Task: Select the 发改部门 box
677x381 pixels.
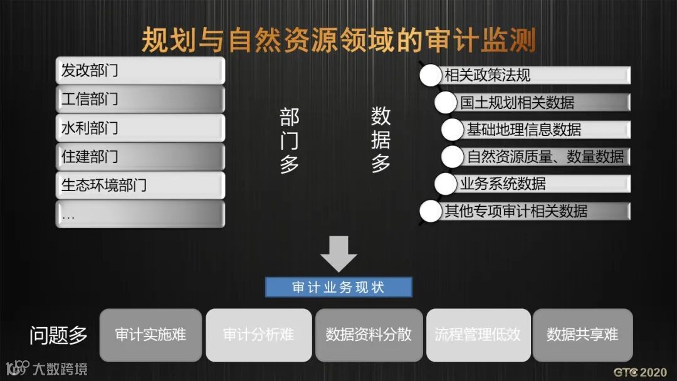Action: click(x=140, y=70)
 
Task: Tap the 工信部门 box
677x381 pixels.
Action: click(x=140, y=99)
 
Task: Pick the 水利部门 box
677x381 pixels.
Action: click(x=140, y=128)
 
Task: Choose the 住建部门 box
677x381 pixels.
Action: click(x=140, y=157)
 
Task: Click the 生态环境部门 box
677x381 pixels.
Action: click(x=140, y=185)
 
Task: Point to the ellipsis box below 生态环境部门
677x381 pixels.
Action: click(x=140, y=214)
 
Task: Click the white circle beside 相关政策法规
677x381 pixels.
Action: click(x=431, y=76)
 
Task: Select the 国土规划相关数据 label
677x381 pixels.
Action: click(x=517, y=102)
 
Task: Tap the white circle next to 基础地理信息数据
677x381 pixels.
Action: click(x=452, y=130)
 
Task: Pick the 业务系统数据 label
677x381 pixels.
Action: click(x=503, y=184)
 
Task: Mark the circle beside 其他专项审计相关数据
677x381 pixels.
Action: click(x=431, y=211)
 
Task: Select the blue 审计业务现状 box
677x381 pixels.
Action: click(x=338, y=288)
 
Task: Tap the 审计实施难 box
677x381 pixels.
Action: click(x=150, y=335)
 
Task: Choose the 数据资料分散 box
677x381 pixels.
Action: click(x=369, y=335)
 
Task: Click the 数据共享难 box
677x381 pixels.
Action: click(x=582, y=335)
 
